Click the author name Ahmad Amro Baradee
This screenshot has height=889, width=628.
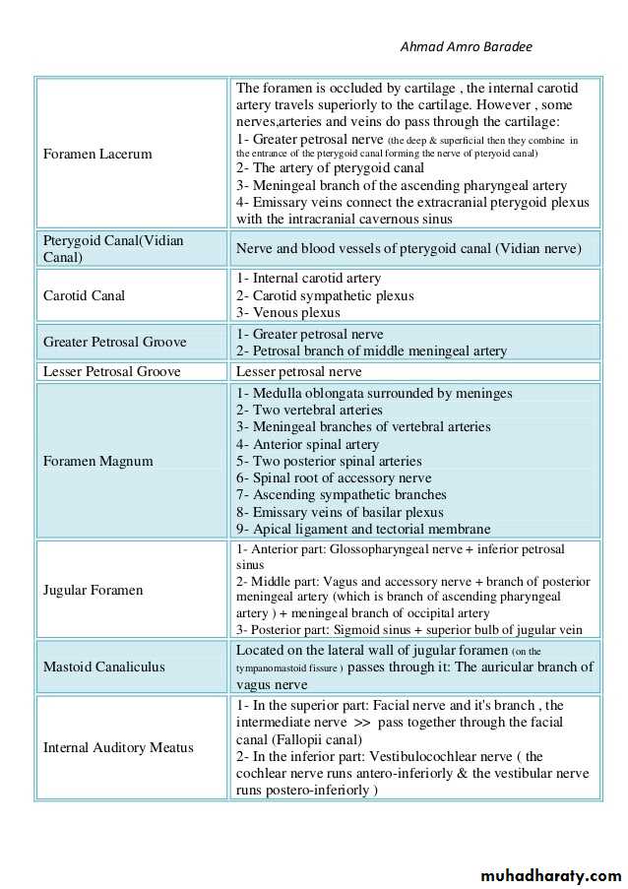[x=467, y=46]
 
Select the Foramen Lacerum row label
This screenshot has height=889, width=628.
[x=97, y=154]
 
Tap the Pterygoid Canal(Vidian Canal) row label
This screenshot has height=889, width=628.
[x=113, y=248]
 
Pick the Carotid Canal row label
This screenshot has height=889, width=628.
[x=84, y=295]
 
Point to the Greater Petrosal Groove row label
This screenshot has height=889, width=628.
[x=114, y=342]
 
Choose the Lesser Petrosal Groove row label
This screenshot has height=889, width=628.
[x=111, y=371]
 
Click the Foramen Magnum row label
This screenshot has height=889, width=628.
[x=97, y=461]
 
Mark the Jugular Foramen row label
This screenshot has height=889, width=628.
[x=93, y=590]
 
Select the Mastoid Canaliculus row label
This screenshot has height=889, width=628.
[x=103, y=667]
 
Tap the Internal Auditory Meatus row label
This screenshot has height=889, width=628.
[x=118, y=747]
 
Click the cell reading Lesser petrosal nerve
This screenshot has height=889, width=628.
[x=298, y=371]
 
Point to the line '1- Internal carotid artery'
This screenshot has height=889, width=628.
[x=308, y=279]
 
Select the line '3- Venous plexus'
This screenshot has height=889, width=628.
[x=287, y=313]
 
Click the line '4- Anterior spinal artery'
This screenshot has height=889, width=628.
[x=307, y=444]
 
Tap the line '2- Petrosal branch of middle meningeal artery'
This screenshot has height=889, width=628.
[x=371, y=350]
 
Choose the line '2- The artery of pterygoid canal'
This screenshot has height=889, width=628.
[x=330, y=167]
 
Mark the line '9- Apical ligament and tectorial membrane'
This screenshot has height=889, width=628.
[x=363, y=529]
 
